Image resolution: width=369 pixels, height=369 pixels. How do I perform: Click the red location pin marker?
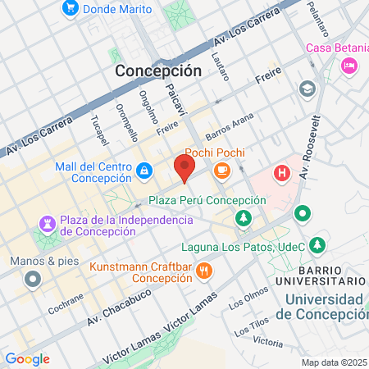coord(184,169)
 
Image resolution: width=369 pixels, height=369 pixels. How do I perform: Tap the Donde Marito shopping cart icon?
coord(70,9)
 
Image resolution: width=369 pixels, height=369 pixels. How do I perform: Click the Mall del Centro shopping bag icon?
coord(143,171)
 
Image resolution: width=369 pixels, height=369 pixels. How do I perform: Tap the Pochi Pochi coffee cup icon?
coord(221,170)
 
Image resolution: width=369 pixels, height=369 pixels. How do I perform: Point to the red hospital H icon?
coord(282,173)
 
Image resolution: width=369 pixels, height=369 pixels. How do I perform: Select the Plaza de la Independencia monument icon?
coord(47,224)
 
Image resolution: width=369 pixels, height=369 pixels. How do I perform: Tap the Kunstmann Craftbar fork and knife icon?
coord(204,270)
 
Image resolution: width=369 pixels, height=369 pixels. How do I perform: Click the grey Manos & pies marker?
coord(33,279)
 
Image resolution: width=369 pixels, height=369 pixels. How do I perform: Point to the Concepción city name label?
coord(158,71)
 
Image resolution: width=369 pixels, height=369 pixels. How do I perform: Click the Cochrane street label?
coord(66,309)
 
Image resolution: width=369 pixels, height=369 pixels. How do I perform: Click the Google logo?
coord(27,359)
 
